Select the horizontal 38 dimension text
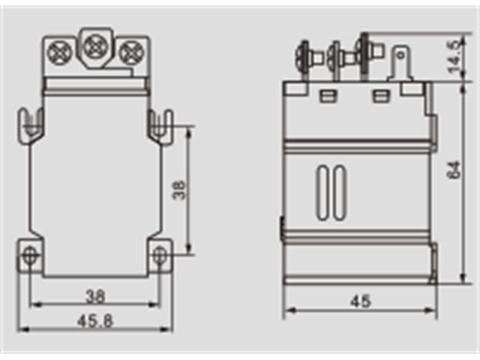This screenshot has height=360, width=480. pos(94,295)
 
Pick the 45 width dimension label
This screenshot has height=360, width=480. pos(361,301)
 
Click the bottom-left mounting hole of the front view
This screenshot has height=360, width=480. pos(30,255)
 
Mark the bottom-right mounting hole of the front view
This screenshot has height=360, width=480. pos(160,255)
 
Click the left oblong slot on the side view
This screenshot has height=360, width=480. pos(324,192)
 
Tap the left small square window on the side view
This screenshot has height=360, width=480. pos(327,95)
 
